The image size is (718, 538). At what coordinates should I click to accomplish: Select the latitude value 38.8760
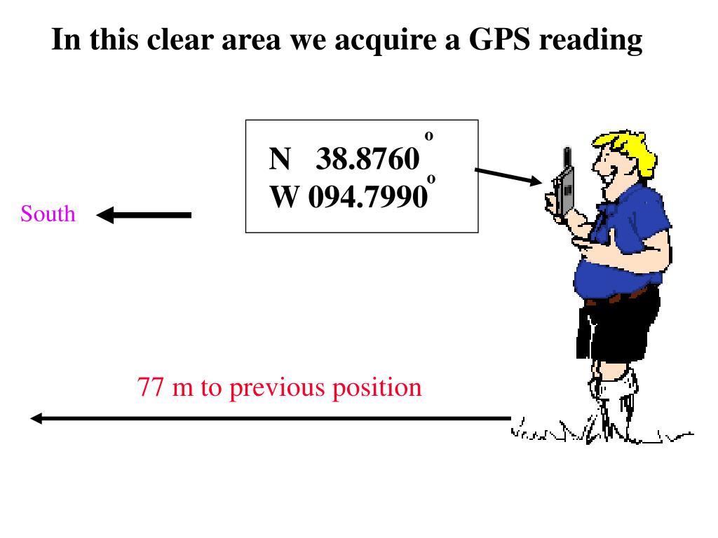368,160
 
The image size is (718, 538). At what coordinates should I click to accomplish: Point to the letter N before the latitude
280,160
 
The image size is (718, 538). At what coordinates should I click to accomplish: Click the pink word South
48,214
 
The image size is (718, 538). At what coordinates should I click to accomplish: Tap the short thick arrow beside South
144,215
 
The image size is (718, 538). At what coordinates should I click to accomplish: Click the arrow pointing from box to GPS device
508,176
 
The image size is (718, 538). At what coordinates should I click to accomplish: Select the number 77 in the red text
151,387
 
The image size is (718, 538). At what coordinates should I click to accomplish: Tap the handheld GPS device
564,186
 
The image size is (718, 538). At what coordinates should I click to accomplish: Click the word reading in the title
590,41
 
